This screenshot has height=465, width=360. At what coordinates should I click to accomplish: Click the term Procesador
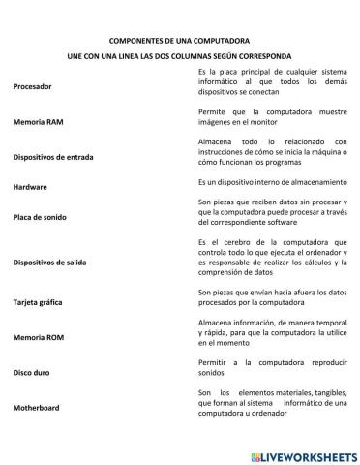click(33, 87)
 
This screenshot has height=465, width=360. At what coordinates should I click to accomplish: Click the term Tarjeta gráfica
click(40, 302)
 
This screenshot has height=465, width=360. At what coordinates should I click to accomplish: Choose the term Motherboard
click(37, 408)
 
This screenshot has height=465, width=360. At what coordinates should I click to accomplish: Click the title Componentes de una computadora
click(180, 43)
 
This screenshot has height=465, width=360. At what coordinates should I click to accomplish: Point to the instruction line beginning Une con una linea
click(180, 57)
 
